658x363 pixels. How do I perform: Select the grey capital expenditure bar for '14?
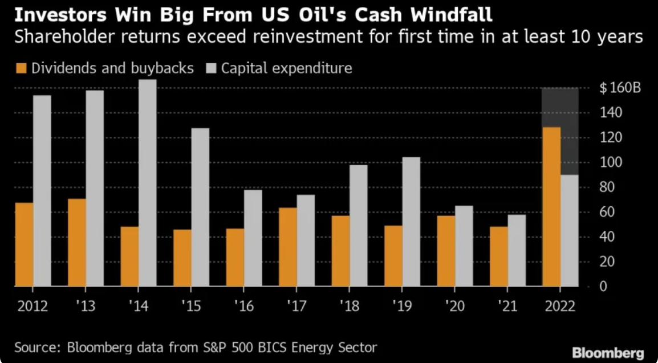coord(147,182)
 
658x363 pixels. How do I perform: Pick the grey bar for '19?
coord(411,222)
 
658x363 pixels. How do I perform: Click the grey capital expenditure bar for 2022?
coord(569,230)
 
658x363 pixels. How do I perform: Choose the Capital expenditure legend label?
coord(286,69)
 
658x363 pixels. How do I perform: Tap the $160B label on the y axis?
coord(620,88)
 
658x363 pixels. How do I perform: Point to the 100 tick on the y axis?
coord(608,163)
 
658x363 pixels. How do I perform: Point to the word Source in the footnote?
coord(33,347)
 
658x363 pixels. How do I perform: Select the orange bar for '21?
coord(499,256)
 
